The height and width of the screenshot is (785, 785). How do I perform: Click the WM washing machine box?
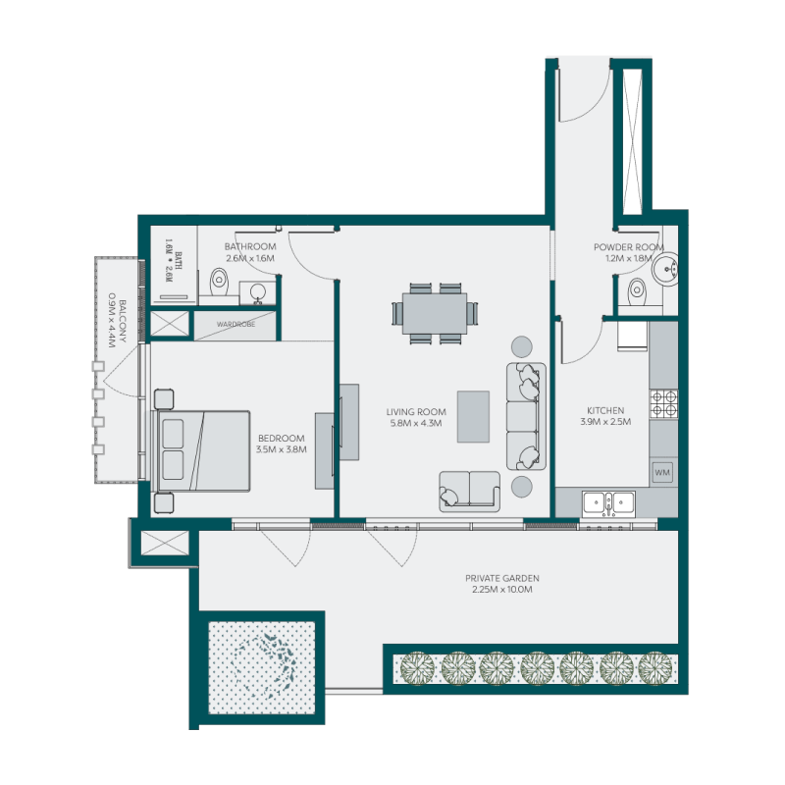(x=662, y=473)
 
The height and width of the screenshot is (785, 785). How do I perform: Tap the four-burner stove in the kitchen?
(x=662, y=402)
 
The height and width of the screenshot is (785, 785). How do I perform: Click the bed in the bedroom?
(x=204, y=449)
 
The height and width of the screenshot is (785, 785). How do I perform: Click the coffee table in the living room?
(x=473, y=416)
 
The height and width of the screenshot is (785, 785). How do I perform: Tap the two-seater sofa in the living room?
(x=469, y=491)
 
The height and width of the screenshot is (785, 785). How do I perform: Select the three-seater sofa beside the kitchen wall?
(x=525, y=416)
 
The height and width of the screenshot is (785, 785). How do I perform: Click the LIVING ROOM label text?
(x=417, y=412)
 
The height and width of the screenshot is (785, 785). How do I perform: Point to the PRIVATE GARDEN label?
(x=502, y=579)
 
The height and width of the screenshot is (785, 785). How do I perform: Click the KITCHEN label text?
(x=605, y=410)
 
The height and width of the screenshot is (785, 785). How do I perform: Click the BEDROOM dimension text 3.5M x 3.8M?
(x=281, y=449)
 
